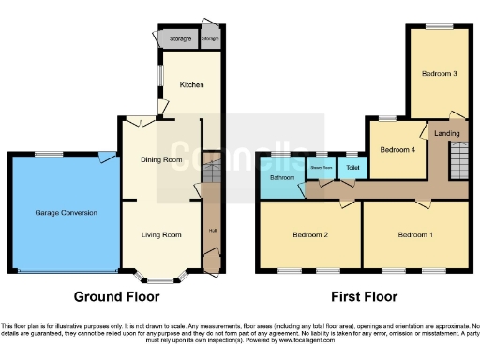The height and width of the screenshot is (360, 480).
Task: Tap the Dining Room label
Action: click(161, 160)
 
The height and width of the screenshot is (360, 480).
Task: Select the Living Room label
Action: click(161, 234)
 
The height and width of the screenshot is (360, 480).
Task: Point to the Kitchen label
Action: click(191, 85)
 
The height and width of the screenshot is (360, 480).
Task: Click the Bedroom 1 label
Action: click(415, 234)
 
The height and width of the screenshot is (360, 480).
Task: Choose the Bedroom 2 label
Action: click(310, 234)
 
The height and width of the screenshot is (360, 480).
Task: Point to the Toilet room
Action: click(352, 168)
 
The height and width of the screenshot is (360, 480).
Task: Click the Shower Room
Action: click(322, 169)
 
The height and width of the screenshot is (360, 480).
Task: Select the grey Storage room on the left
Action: click(180, 39)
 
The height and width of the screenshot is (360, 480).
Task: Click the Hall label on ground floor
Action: click(212, 231)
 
